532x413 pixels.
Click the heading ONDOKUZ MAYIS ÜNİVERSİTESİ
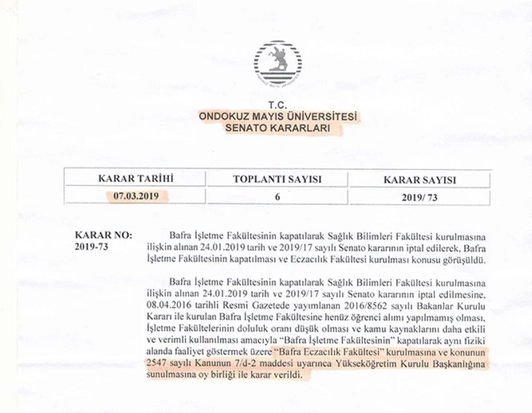click(278, 117)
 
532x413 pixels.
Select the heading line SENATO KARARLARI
click(278, 129)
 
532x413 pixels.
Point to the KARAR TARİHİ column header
click(136, 179)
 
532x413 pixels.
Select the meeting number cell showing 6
click(277, 197)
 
